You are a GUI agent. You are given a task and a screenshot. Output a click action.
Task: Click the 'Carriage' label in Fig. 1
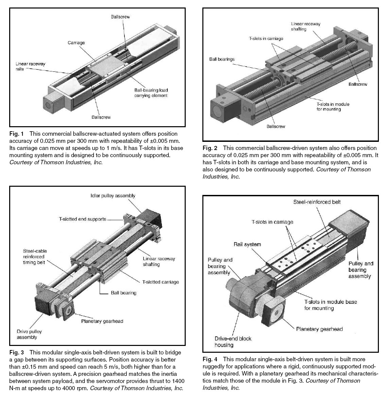point(76,43)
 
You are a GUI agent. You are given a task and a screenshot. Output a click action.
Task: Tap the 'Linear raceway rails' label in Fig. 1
point(30,66)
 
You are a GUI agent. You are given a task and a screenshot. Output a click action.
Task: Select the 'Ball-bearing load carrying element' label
point(151,93)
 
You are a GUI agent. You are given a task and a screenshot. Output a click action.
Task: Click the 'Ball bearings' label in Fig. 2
point(222,59)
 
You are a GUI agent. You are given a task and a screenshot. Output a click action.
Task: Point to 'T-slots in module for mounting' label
point(333,106)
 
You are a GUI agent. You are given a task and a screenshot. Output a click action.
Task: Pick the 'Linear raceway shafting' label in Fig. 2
point(305,27)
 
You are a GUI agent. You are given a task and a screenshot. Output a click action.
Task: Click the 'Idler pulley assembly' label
point(113,196)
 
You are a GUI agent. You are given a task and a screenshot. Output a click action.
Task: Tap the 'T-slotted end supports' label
point(82,219)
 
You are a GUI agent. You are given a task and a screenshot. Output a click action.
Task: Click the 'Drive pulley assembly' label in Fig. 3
point(29,334)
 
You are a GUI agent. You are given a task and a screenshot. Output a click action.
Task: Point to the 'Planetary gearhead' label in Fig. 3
point(102,321)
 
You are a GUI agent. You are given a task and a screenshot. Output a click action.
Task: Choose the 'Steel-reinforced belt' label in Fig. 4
point(317,202)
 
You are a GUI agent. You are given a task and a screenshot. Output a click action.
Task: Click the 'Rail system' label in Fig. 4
point(247,244)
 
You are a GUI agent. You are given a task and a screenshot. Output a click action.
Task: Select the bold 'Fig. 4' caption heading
point(210,359)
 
